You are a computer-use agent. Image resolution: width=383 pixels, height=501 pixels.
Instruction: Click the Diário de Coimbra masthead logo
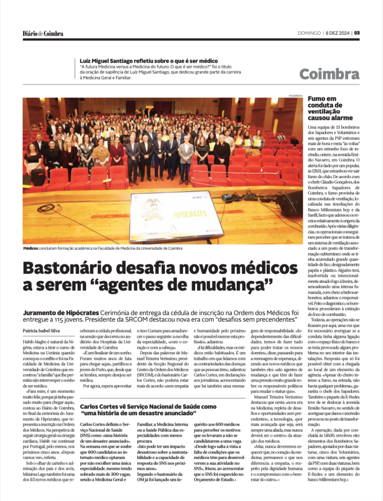pyautogui.click(x=43, y=33)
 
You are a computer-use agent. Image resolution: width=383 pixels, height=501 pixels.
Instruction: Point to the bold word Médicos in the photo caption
pyautogui.click(x=31, y=248)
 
